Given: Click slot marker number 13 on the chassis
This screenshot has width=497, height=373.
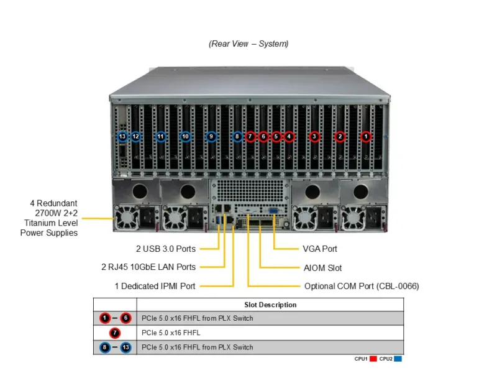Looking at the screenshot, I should pyautogui.click(x=122, y=136).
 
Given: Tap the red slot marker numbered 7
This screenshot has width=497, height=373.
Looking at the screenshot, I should pyautogui.click(x=250, y=136).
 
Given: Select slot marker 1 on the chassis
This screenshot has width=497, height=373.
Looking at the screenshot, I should pyautogui.click(x=366, y=136).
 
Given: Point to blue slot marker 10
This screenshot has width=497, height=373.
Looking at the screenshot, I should pyautogui.click(x=185, y=136).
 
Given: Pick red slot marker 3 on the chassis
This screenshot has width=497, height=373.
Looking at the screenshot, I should pyautogui.click(x=314, y=136).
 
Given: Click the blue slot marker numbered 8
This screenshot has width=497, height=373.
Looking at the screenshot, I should pyautogui.click(x=237, y=136).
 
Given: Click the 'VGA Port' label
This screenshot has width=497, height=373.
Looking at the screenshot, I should pyautogui.click(x=321, y=249).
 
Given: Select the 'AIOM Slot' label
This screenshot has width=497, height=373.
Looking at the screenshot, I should pyautogui.click(x=322, y=268).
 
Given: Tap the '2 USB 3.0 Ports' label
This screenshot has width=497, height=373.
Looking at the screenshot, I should pyautogui.click(x=166, y=249).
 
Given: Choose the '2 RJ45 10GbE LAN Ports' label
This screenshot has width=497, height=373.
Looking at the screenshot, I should pyautogui.click(x=157, y=267).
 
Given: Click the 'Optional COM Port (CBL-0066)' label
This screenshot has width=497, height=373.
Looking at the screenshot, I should pyautogui.click(x=362, y=287).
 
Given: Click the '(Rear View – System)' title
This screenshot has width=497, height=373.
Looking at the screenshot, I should pyautogui.click(x=248, y=44).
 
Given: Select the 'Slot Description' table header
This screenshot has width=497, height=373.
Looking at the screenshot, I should pyautogui.click(x=270, y=305).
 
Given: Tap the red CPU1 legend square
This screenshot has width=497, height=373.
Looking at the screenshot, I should pyautogui.click(x=373, y=359).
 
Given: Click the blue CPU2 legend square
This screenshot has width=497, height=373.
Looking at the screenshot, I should pyautogui.click(x=398, y=359).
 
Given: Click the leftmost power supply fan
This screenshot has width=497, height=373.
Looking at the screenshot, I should pyautogui.click(x=127, y=217).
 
